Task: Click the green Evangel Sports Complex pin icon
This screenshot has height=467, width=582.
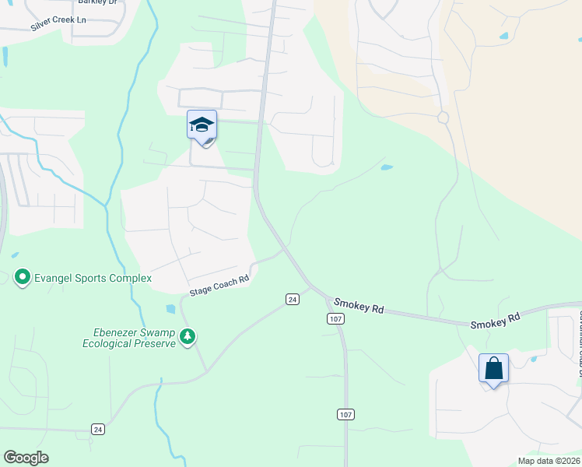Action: pos(23,277)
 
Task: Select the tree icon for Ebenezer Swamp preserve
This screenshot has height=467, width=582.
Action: pos(187,336)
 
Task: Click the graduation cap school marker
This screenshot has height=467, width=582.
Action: pos(202,125)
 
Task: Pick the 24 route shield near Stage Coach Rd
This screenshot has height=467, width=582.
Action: pos(292,299)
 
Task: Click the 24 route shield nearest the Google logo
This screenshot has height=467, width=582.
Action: pos(97,429)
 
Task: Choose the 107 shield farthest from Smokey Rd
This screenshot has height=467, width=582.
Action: pos(345,414)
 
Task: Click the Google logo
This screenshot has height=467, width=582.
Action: pos(26,458)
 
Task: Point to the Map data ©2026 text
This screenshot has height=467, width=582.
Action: pos(549,461)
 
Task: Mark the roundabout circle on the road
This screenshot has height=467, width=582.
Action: pos(444,118)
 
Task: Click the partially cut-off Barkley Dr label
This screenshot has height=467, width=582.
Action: pos(101,3)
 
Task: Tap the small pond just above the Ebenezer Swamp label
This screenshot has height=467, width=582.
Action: pos(170,309)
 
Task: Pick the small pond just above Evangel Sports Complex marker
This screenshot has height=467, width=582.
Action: pos(15,254)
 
